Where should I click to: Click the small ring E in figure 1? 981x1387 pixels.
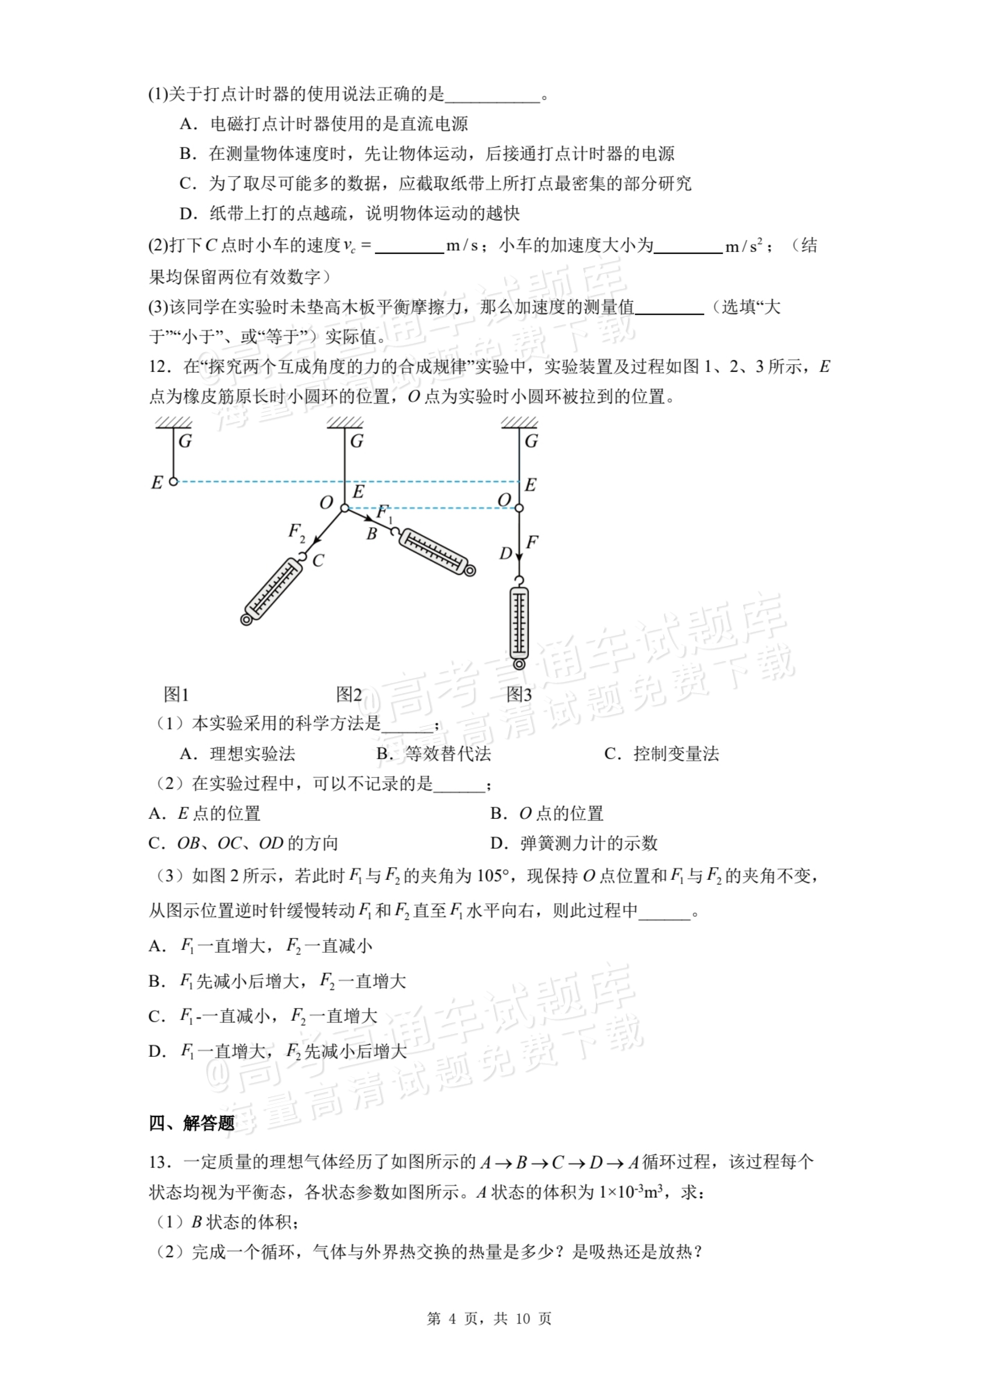coord(173,481)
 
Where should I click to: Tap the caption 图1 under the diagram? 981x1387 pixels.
coord(176,695)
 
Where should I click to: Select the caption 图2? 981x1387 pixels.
coord(349,695)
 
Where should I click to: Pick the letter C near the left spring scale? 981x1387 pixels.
coord(318,560)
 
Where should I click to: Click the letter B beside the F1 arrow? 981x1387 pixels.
coord(372,534)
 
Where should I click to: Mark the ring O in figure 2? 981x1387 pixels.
coord(344,508)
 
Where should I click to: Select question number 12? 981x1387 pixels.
coord(157,367)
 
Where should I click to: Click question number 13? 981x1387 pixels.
coord(157,1162)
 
